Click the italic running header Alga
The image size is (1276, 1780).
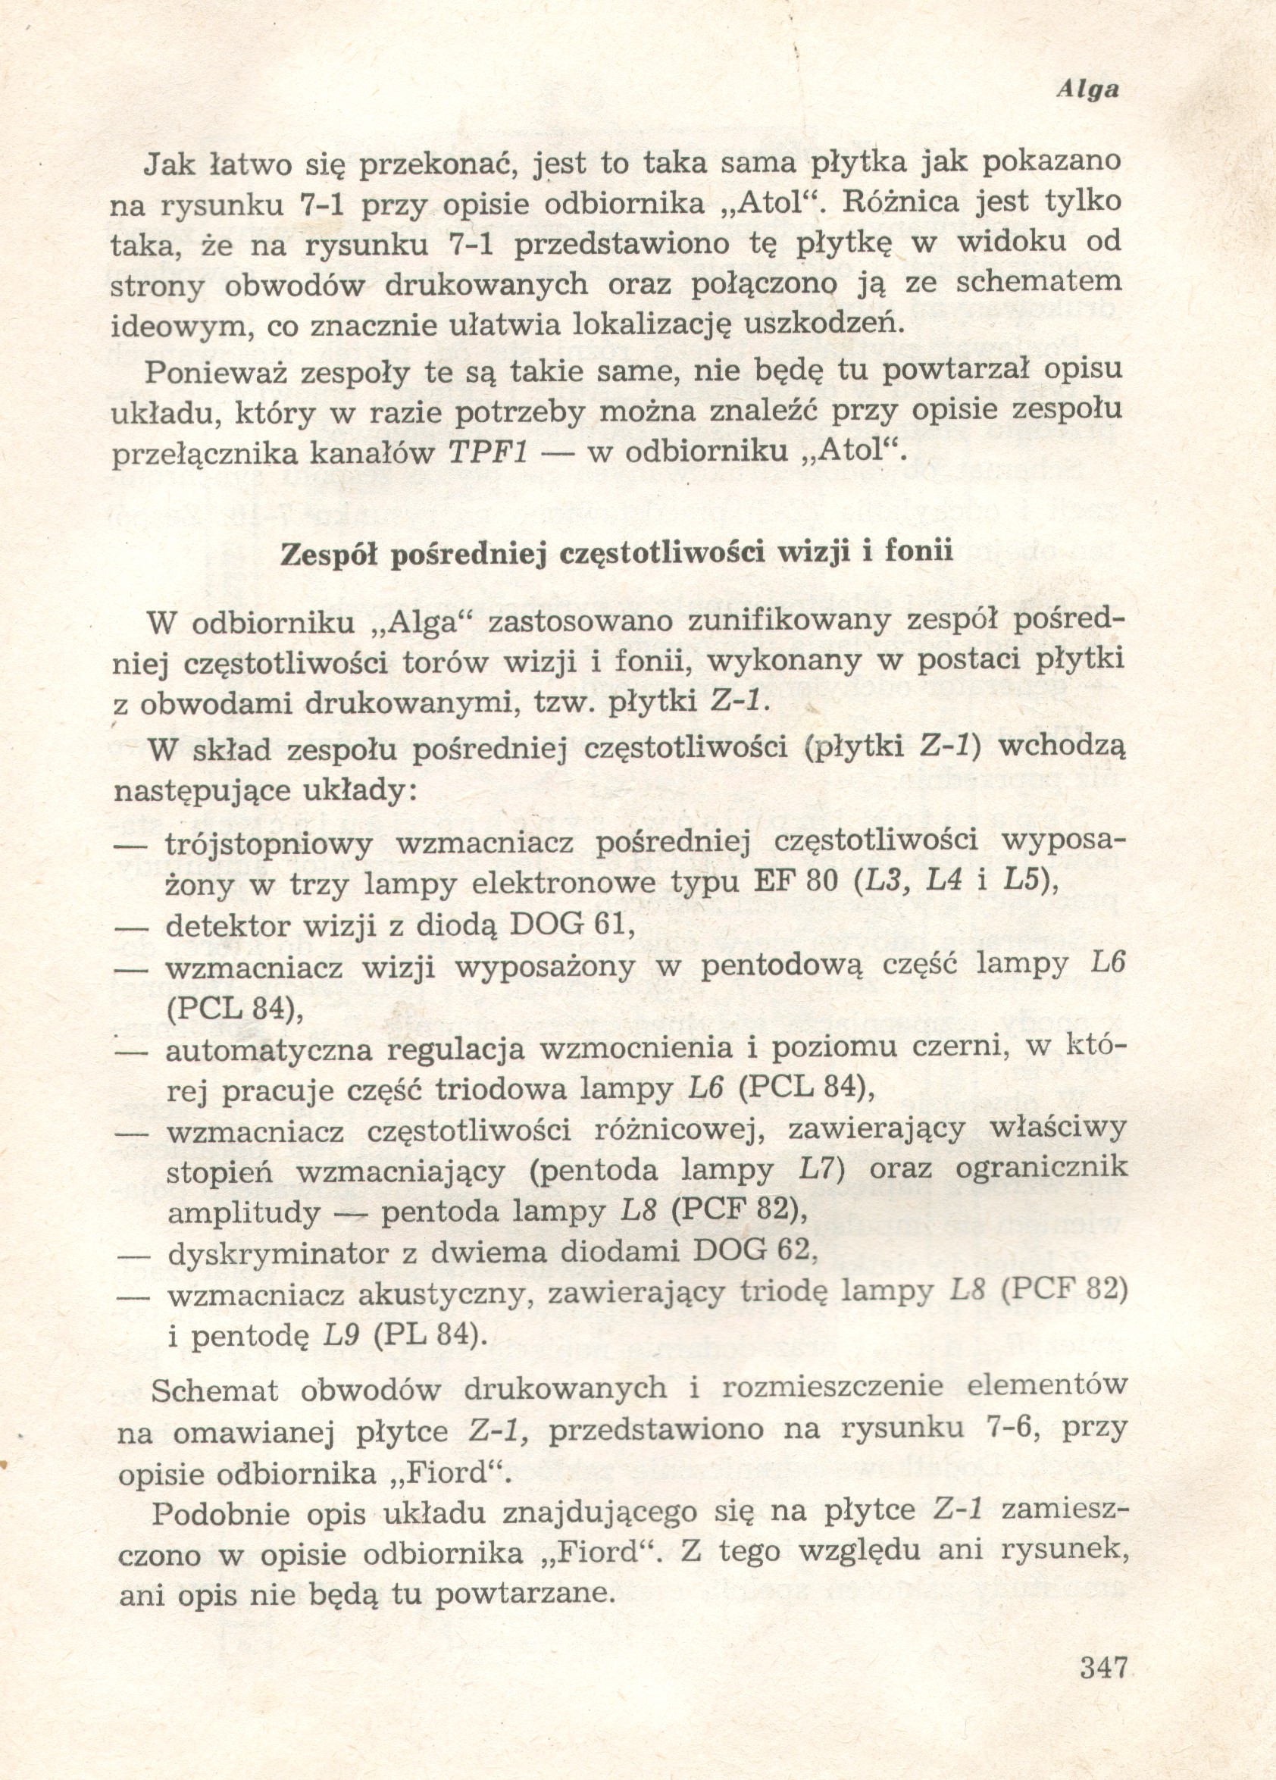coord(1087,90)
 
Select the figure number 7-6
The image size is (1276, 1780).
coord(1012,1430)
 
